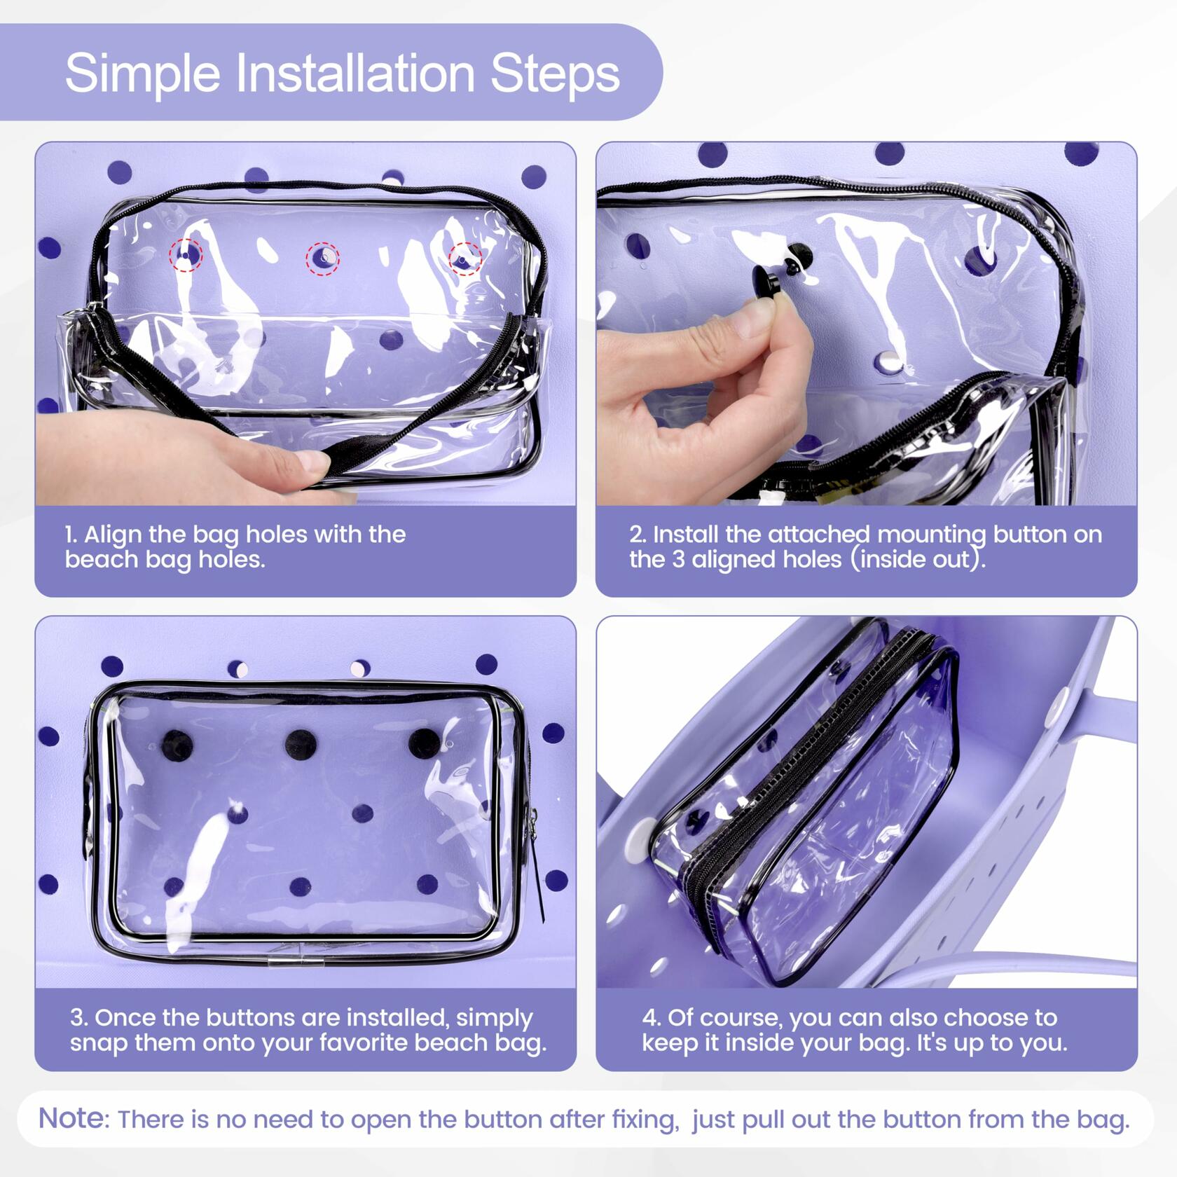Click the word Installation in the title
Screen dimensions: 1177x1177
click(x=356, y=73)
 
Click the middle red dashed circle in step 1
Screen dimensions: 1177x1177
click(x=323, y=259)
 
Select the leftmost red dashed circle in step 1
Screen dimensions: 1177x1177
click(x=186, y=254)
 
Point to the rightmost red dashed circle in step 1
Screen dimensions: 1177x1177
click(x=465, y=259)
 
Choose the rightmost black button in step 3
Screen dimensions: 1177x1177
click(x=424, y=744)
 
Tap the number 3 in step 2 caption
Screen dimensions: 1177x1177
click(x=678, y=560)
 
